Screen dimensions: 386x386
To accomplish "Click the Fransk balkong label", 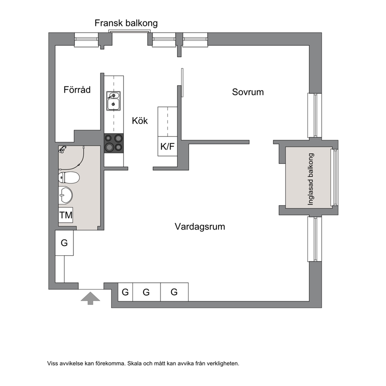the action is tap(126, 23).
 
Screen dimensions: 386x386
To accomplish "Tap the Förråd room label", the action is tap(77, 89).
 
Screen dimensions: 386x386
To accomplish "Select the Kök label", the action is tap(140, 121).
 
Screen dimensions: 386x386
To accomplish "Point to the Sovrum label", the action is tap(248, 92).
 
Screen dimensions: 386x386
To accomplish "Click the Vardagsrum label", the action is tap(200, 226).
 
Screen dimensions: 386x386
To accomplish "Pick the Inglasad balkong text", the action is tap(311, 179).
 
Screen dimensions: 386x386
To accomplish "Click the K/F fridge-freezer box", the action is tap(167, 146).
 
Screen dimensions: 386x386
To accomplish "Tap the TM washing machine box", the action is tap(66, 215).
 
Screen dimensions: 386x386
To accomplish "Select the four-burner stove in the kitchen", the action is tap(114, 143).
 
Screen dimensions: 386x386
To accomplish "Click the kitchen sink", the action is tap(113, 101).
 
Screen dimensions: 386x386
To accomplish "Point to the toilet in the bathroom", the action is tap(69, 177).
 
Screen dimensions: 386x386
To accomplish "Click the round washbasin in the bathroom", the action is tap(65, 195).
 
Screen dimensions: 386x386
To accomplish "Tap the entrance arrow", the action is tap(90, 298).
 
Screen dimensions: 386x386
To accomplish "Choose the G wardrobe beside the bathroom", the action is tap(64, 243).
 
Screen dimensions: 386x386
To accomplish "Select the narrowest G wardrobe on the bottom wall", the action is tap(125, 292).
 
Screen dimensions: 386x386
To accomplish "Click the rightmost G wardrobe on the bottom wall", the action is tap(174, 292).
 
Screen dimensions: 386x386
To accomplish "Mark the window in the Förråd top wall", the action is tap(86, 39).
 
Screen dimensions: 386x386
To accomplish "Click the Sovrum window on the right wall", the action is tap(315, 115).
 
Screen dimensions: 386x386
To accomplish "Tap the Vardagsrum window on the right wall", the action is tap(315, 239).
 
